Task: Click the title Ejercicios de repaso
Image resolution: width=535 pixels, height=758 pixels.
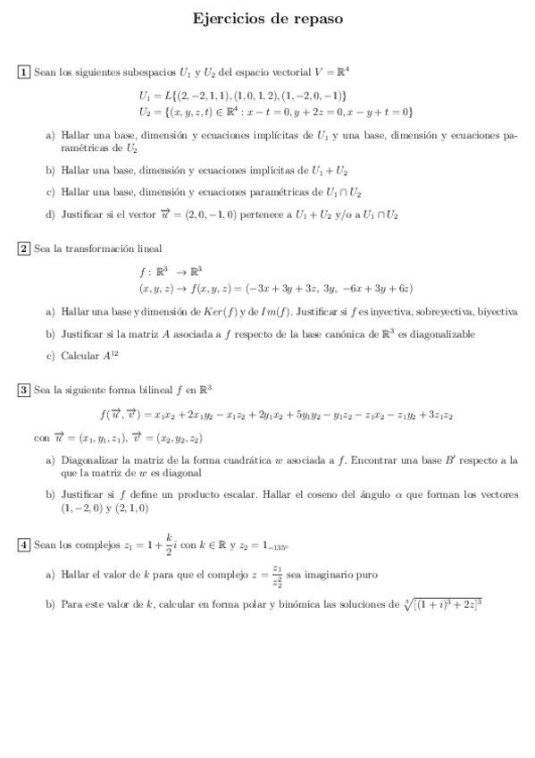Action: point(267,17)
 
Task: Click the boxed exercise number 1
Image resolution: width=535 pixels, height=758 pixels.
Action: point(24,72)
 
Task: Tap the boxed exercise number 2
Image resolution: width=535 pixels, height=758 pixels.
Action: point(24,248)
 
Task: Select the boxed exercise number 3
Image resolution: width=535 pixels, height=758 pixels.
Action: point(24,390)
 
